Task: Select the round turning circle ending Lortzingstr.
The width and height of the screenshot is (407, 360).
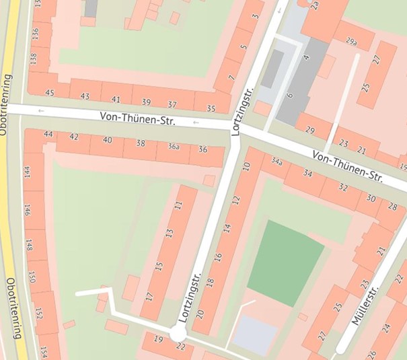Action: pos(178,333)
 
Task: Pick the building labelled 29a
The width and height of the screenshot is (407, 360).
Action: pos(350,42)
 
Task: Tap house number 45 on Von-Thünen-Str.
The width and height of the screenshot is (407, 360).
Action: pos(49,92)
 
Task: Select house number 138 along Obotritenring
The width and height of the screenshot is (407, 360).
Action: pos(34,59)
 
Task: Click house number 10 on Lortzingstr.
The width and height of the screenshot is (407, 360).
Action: pos(246,167)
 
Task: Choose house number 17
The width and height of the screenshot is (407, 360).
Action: pos(149,295)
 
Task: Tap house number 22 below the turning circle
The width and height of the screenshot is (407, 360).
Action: pos(180,347)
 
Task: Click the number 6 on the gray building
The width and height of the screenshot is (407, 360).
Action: pos(290,96)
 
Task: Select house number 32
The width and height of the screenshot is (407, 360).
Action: pos(343,188)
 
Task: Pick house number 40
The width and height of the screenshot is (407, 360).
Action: pos(107,140)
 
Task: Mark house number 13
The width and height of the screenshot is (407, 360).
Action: pos(170,234)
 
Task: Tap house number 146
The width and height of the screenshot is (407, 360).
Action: pos(28,209)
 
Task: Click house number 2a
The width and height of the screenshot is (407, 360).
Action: pos(315,5)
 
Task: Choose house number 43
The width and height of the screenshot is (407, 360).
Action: pos(85,96)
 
